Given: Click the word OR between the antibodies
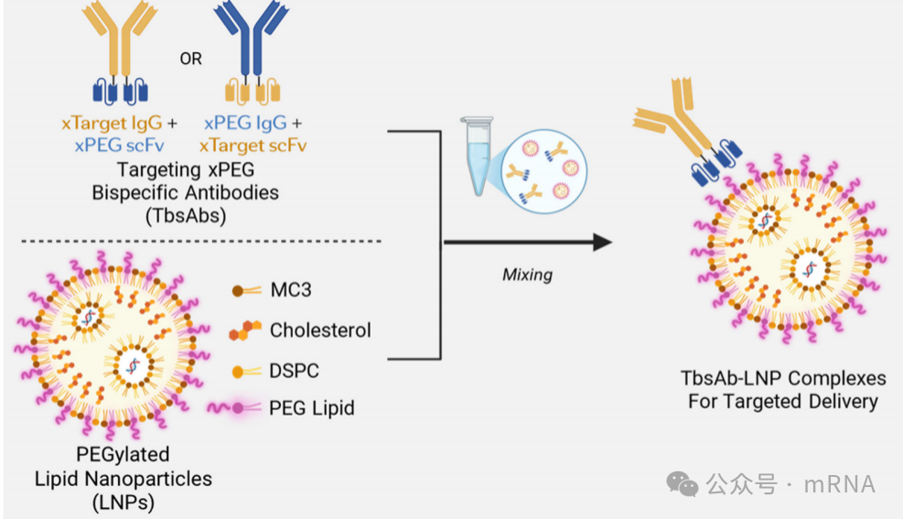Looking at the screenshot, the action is click(x=190, y=59).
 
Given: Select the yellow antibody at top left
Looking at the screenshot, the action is click(x=120, y=54).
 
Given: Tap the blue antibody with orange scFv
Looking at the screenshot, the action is click(x=252, y=54).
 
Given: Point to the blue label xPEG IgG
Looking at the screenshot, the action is click(x=245, y=124).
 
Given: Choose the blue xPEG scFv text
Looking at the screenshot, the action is click(x=119, y=146).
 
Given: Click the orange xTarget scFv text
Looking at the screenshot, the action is click(x=253, y=146).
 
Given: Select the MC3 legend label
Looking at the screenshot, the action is click(x=291, y=290).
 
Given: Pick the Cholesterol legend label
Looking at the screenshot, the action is click(x=320, y=330).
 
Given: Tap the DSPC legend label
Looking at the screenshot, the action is click(x=295, y=371).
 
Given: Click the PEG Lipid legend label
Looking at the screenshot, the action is click(x=312, y=408).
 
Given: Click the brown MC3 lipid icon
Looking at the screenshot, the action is click(x=246, y=291).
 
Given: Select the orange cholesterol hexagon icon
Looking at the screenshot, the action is click(x=245, y=330).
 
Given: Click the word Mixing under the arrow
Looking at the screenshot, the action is click(x=528, y=275).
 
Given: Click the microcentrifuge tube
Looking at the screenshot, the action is click(x=478, y=156).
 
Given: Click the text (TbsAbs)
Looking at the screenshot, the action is click(x=186, y=216).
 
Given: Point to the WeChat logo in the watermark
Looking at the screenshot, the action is click(x=682, y=484).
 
